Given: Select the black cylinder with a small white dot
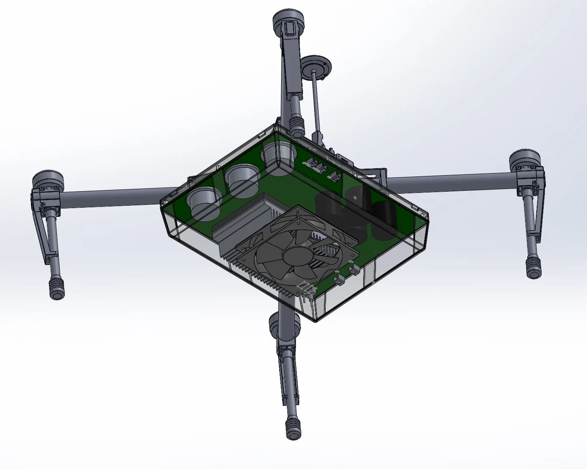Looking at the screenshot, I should pyautogui.click(x=357, y=198).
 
